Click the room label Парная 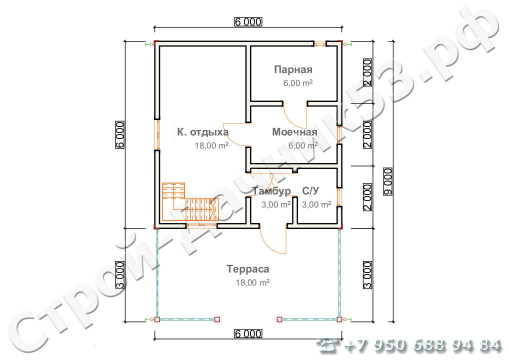coord(293,69)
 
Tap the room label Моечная coord(295,132)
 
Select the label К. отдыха coord(203,132)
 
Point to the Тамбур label coord(271,191)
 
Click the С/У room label coord(310,191)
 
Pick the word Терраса coord(248,269)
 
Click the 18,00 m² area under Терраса coord(252,282)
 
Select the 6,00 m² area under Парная coord(297,83)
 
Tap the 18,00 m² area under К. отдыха coord(211,146)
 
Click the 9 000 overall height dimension coord(387,181)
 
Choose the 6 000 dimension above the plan coord(248,21)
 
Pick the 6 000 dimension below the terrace coord(248,333)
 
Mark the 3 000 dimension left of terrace coord(120,275)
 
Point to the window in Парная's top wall coord(320,43)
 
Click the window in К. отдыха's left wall coord(157,134)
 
